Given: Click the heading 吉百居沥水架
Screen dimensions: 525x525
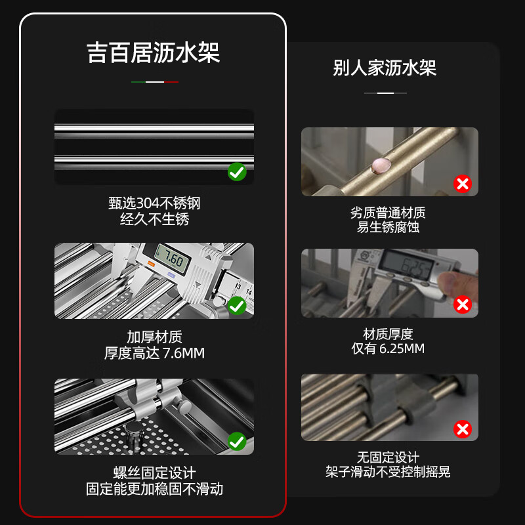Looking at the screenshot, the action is (x=154, y=52).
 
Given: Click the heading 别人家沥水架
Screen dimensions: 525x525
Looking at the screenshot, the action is (x=385, y=68).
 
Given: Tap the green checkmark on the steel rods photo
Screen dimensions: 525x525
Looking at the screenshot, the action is (x=237, y=172).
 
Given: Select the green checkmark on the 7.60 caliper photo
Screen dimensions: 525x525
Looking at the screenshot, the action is (x=237, y=305).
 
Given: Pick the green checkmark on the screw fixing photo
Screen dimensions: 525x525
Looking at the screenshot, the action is (x=237, y=441).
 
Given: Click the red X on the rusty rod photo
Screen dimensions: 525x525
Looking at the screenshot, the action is (x=463, y=184).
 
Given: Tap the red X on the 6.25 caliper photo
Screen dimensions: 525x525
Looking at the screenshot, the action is (x=463, y=304).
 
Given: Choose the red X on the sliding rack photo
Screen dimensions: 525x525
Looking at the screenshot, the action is (x=463, y=429).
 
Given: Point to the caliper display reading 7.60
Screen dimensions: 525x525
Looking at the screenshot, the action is (x=173, y=259).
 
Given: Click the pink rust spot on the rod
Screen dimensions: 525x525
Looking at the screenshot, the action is (x=381, y=165).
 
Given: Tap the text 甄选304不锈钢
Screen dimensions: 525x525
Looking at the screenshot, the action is (x=154, y=203).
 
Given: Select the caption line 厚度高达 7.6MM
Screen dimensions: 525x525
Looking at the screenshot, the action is (x=154, y=353).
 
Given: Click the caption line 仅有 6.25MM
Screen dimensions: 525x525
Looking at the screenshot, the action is (x=388, y=348).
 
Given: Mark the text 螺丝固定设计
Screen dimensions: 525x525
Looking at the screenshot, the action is (x=154, y=472).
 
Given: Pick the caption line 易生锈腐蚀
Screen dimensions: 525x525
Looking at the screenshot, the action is (x=388, y=227).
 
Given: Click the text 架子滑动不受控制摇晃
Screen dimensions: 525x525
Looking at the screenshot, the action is (x=388, y=471).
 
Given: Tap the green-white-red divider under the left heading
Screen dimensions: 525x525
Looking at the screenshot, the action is (x=155, y=81).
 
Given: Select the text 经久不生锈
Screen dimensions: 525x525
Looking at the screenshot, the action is (x=154, y=219).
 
